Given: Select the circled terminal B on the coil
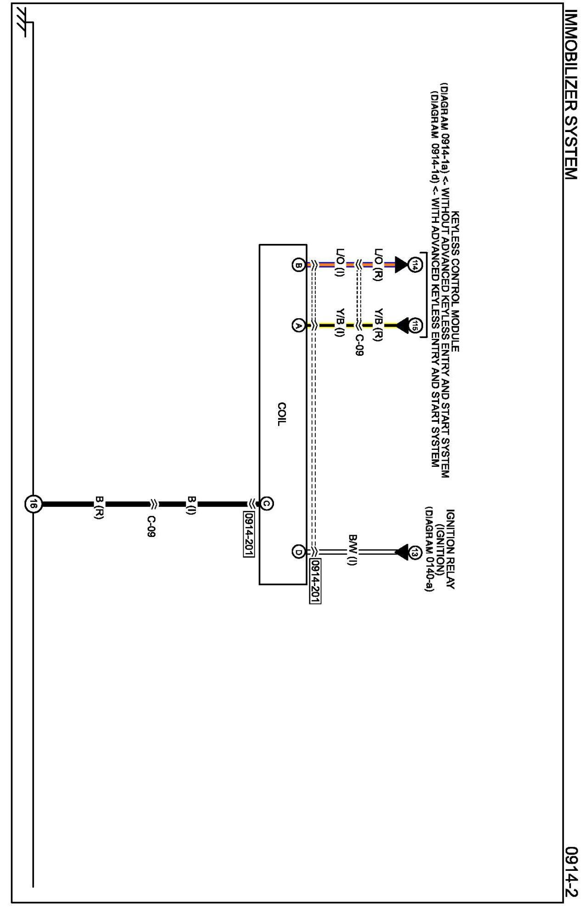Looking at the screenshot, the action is (x=298, y=265).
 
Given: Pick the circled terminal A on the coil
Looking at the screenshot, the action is (x=298, y=326).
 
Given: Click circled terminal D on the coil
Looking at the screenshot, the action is (x=298, y=552).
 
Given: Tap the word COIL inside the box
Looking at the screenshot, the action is (x=281, y=414).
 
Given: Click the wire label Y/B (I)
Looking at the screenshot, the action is (x=340, y=326).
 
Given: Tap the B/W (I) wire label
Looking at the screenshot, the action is (x=352, y=550).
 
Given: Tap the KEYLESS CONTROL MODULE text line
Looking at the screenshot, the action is (x=455, y=281).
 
